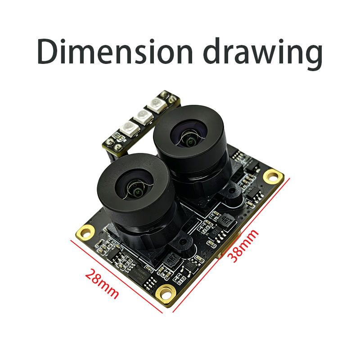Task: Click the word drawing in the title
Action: tap(263, 54)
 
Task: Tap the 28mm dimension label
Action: tap(102, 284)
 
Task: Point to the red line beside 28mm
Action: tap(117, 277)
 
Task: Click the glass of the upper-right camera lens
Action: tap(190, 136)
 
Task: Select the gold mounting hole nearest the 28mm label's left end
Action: tap(85, 232)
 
